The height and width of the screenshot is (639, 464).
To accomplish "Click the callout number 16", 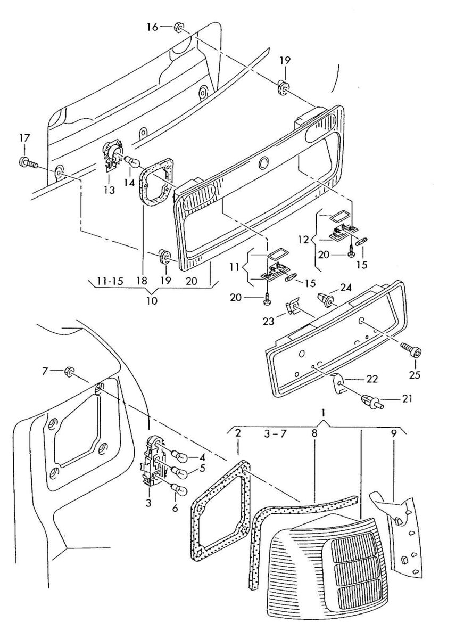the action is [x=152, y=27].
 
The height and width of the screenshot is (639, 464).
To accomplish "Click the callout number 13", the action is [x=109, y=190].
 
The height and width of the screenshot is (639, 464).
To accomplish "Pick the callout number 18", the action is [x=142, y=281].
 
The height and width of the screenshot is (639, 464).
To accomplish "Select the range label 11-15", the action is [x=110, y=281].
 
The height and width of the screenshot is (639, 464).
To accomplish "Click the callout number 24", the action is [x=346, y=288].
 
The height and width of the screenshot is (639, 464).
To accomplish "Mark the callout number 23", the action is [x=269, y=322].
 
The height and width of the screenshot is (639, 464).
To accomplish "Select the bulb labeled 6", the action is [x=179, y=490].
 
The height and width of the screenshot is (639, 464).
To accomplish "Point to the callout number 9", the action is [x=394, y=434].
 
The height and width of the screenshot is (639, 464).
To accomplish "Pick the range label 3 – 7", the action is [x=275, y=434].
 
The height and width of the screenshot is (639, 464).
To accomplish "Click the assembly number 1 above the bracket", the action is [x=323, y=413].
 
